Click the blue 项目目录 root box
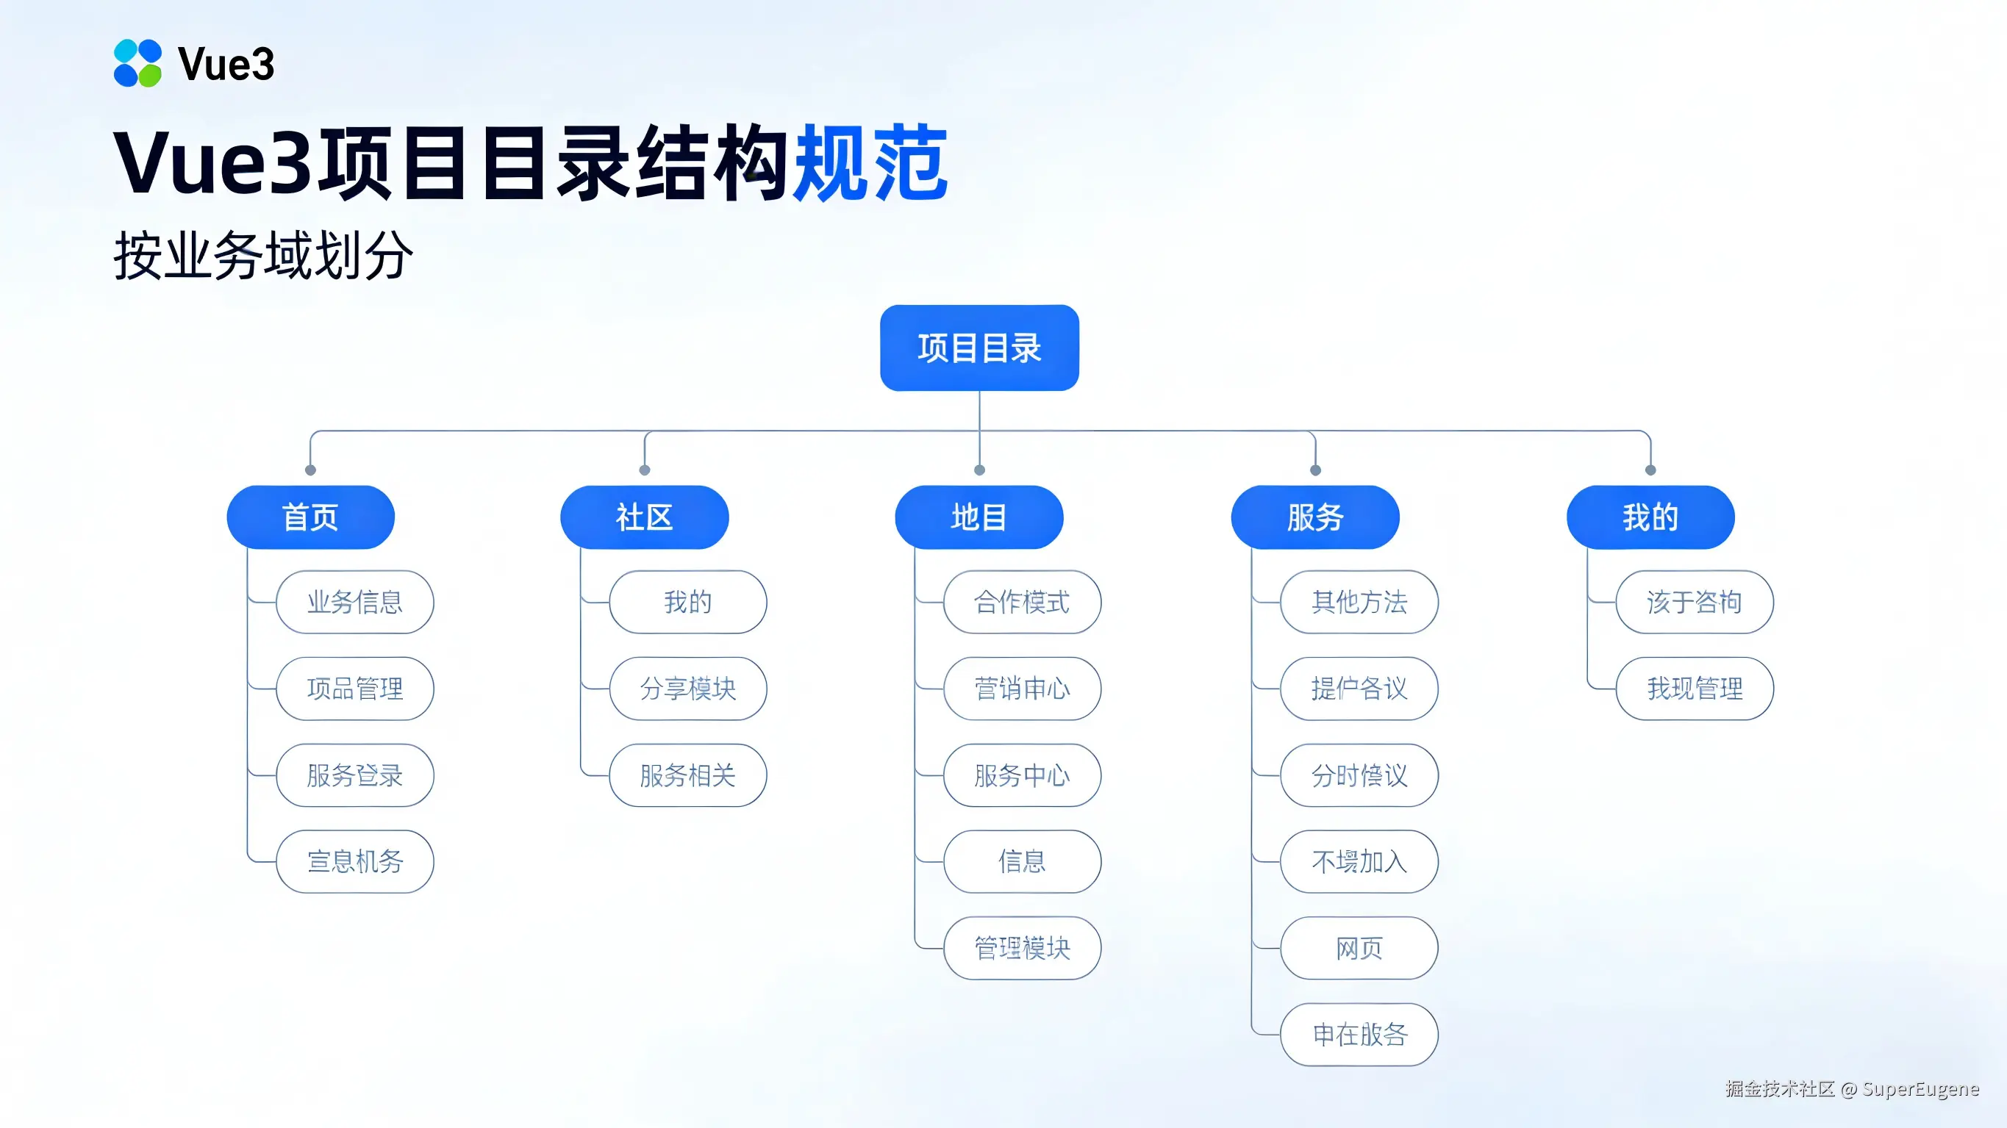click(979, 348)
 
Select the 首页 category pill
click(310, 517)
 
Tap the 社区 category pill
click(644, 517)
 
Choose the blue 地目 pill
click(979, 517)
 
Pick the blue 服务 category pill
click(1314, 517)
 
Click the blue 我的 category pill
click(1650, 517)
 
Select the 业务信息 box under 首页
click(354, 602)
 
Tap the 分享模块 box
click(688, 689)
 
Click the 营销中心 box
click(1022, 689)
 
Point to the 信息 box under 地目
click(1022, 861)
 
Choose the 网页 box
click(1359, 948)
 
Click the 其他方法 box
click(1359, 602)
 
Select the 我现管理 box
click(1695, 689)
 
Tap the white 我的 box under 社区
click(688, 602)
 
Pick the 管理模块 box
click(1022, 948)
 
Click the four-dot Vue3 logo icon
click(138, 63)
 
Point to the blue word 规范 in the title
click(870, 164)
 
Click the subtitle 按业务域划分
click(263, 256)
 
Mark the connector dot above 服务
click(1315, 470)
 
